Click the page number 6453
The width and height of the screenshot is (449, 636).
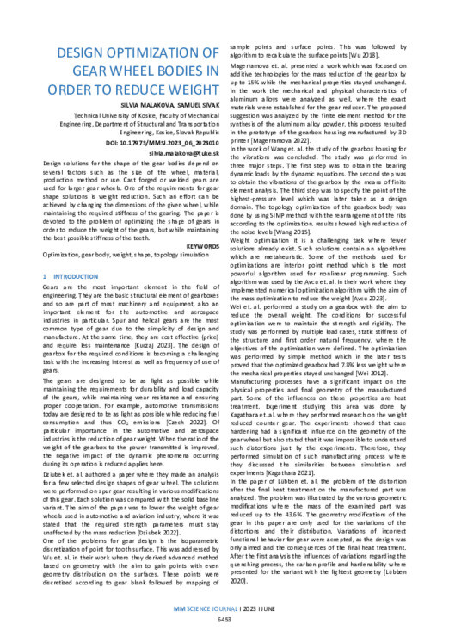point(224,618)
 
